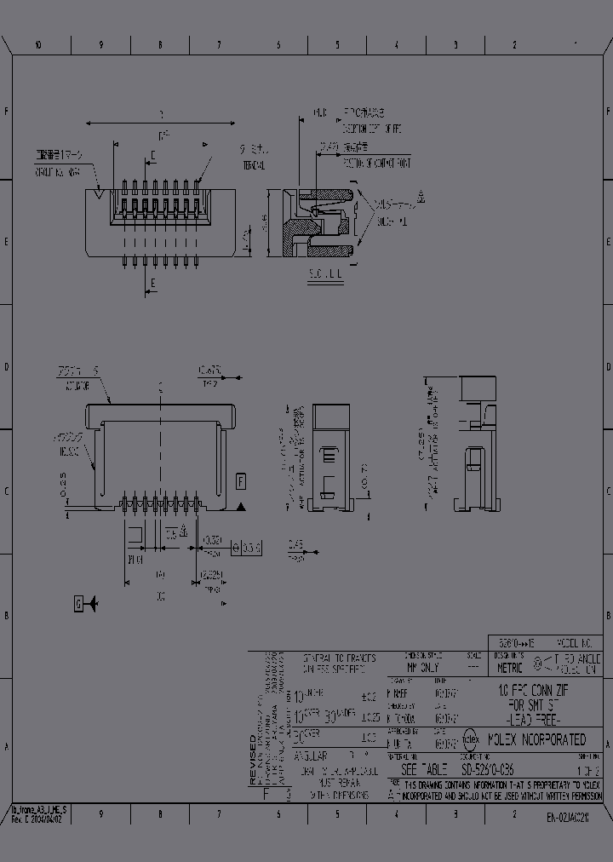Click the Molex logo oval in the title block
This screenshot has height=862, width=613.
pyautogui.click(x=471, y=739)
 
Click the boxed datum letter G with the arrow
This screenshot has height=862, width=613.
pyautogui.click(x=79, y=604)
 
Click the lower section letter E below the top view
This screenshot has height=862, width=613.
pyautogui.click(x=152, y=283)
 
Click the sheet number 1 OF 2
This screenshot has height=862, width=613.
pyautogui.click(x=588, y=768)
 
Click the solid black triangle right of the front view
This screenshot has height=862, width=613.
pyautogui.click(x=241, y=508)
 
